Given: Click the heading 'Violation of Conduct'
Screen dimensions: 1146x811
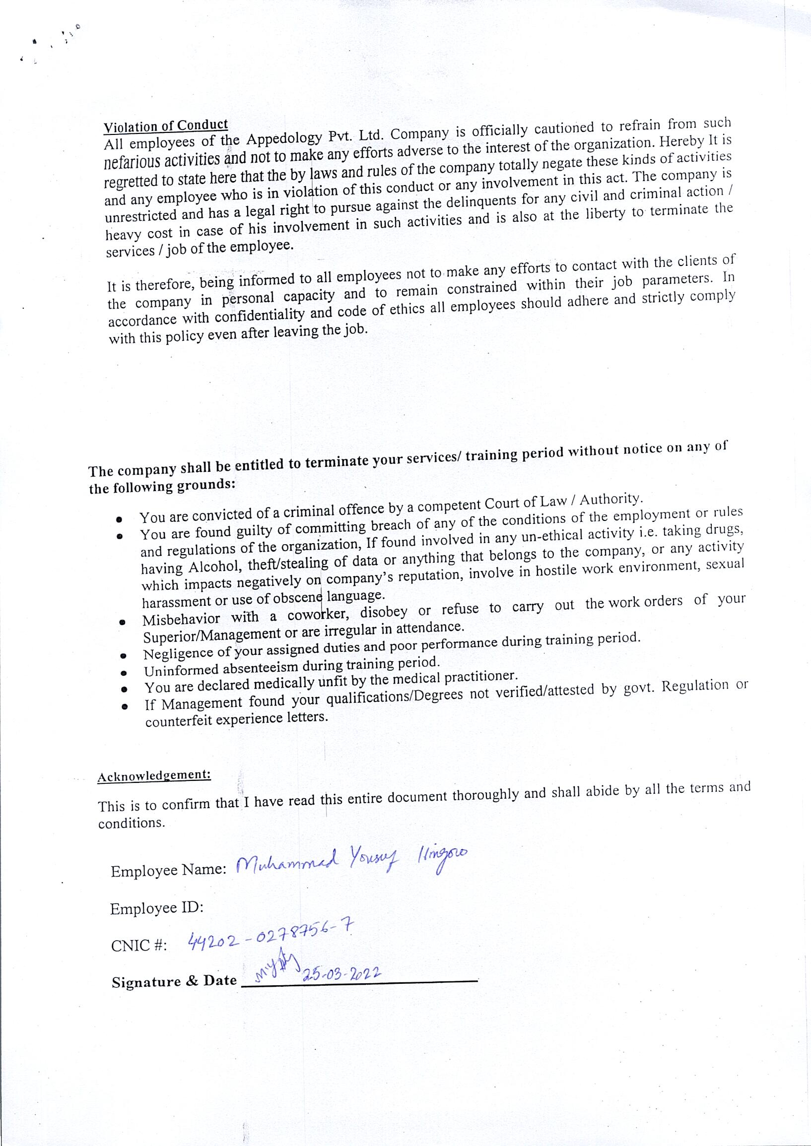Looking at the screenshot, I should pyautogui.click(x=165, y=126).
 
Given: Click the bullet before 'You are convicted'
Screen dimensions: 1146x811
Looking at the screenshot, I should pyautogui.click(x=118, y=518).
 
